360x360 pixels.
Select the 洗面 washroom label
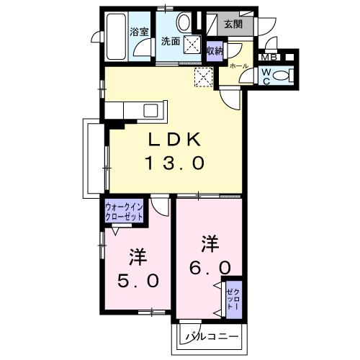click(x=171, y=40)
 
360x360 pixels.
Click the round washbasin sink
click(x=184, y=21)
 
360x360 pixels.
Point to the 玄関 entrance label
click(x=233, y=24)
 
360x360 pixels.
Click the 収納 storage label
click(x=215, y=51)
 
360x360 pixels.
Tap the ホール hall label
click(x=240, y=66)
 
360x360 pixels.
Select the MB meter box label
click(x=269, y=58)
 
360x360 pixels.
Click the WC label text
click(x=266, y=76)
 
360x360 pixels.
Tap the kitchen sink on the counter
click(x=151, y=110)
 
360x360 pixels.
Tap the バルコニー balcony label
click(x=212, y=336)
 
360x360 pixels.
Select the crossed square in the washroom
click(x=192, y=45)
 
